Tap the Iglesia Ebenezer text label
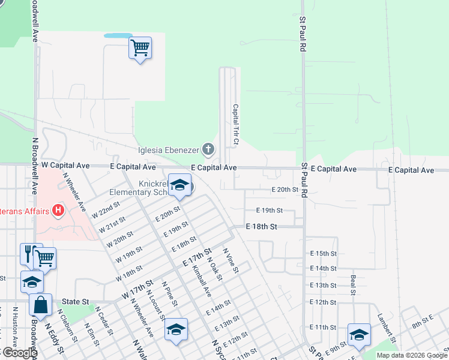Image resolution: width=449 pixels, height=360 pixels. coord(167,150)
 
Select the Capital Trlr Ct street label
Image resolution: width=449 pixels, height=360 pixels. coord(235,124)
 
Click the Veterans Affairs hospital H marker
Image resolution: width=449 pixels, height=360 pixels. coord(58,210)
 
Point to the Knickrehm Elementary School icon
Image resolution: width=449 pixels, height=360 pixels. coord(179,185)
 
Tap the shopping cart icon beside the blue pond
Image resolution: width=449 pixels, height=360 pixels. coord(140,47)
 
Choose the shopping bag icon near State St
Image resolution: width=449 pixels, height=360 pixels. coord(40,305)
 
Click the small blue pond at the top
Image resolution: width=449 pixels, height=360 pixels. coord(118,35)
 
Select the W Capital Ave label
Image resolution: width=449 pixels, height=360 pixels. coord(65,165)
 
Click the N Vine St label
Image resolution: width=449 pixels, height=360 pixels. coord(231,262)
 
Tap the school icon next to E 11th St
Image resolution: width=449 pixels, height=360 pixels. coord(359,334)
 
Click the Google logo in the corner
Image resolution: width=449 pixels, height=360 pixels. coord(19,353)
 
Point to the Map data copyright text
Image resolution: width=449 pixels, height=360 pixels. coord(412,355)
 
